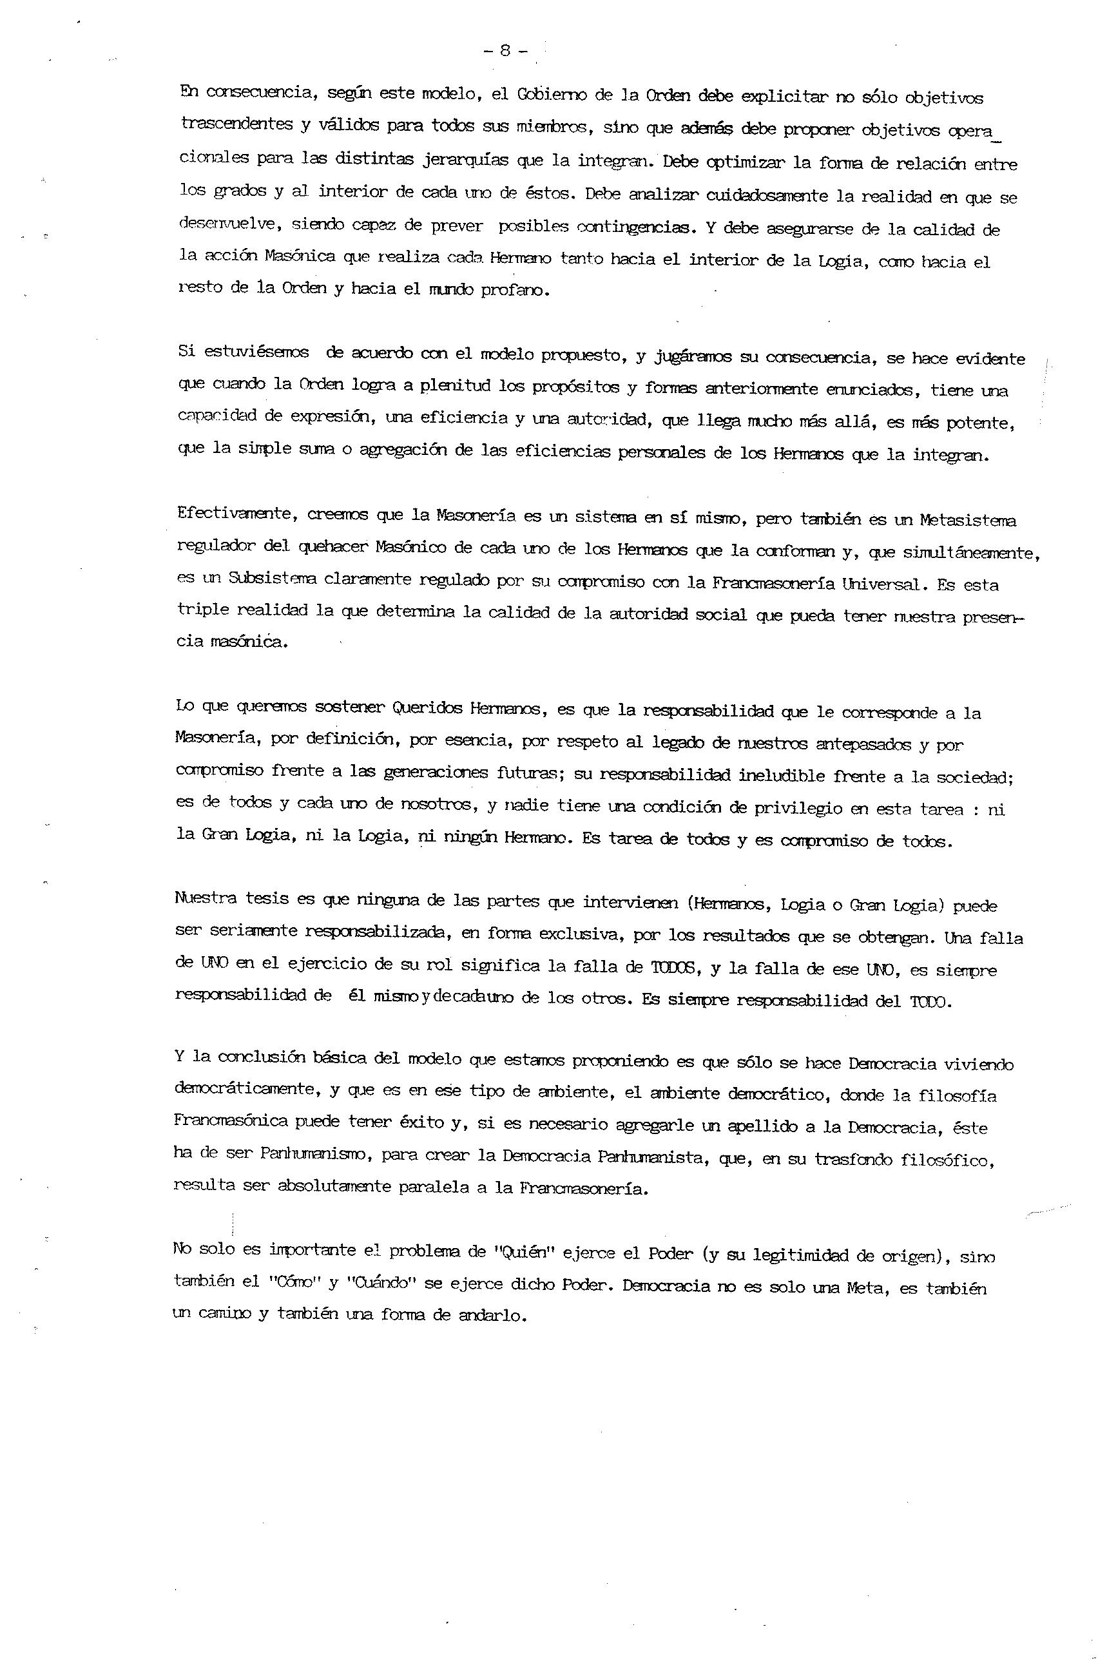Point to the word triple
coord(202,609)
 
